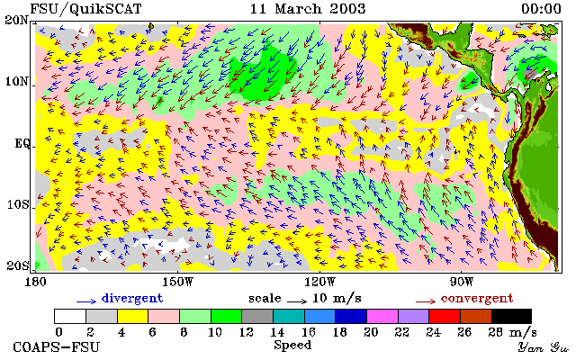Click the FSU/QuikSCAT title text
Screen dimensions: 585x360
85,9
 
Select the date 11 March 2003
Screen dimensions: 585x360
308,9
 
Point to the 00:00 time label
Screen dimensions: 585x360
541,9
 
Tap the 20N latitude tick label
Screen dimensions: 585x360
16,20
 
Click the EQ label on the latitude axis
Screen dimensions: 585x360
22,144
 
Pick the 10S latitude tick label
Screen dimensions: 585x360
17,205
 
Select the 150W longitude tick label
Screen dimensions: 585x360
178,282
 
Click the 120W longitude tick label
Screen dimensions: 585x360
320,282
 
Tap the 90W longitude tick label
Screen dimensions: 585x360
462,282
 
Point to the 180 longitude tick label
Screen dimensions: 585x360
36,282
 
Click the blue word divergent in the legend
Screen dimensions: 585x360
132,299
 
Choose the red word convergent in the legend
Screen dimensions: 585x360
477,299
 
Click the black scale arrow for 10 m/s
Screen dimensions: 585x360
297,301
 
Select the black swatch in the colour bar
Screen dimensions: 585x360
511,316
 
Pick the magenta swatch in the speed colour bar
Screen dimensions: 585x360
382,316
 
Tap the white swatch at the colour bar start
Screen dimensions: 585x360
70,316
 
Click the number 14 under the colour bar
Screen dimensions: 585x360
277,332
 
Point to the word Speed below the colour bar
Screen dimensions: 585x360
292,346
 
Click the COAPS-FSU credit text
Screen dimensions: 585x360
57,347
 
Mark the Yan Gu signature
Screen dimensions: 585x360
544,348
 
